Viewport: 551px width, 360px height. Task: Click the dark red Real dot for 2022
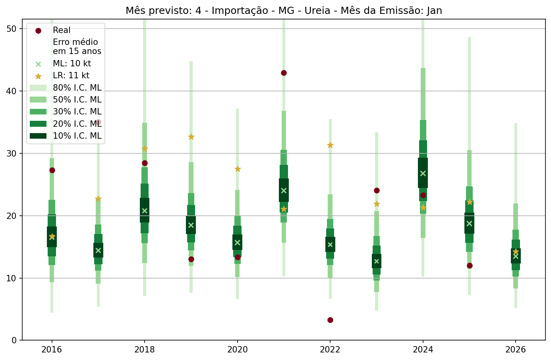330,320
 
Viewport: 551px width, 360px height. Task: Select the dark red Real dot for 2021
284,73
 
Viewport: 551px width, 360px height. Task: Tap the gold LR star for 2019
191,137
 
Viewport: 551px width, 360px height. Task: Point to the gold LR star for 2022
330,145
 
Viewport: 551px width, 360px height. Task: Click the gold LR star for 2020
238,169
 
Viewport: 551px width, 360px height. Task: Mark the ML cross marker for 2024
423,173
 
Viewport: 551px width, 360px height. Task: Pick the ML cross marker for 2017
98,250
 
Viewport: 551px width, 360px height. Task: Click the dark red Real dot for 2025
470,265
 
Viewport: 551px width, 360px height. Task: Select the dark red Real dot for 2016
52,170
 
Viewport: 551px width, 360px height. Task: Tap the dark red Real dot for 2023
377,190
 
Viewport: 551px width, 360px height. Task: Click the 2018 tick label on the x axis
145,350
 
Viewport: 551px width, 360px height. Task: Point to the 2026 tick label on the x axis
516,350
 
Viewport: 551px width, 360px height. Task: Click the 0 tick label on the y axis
14,341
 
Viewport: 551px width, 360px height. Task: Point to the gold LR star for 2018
145,149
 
